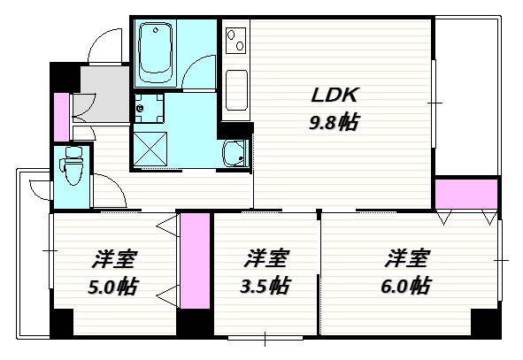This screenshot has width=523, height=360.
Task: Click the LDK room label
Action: click(x=335, y=95)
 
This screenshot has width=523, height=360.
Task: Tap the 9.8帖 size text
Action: click(x=335, y=122)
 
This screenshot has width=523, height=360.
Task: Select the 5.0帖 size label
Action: click(x=112, y=286)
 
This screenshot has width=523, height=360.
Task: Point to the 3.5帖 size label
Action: click(x=265, y=286)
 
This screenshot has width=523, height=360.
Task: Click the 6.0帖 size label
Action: click(x=405, y=286)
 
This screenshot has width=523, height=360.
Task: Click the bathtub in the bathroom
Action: click(x=155, y=52)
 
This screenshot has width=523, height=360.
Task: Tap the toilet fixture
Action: click(x=72, y=165)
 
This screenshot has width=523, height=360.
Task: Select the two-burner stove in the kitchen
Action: click(x=235, y=41)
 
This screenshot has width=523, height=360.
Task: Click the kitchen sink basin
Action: click(x=236, y=90)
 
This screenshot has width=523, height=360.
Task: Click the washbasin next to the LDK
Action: click(x=235, y=153)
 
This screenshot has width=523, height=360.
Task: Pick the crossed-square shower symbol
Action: click(x=150, y=149)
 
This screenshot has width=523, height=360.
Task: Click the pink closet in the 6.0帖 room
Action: click(x=466, y=195)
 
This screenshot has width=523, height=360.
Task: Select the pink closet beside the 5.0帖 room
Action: click(x=195, y=261)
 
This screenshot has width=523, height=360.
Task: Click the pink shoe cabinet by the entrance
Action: click(x=61, y=117)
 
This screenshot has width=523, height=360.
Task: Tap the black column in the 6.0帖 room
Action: click(x=486, y=323)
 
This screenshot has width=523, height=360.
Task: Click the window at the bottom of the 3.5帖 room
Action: click(x=265, y=338)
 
